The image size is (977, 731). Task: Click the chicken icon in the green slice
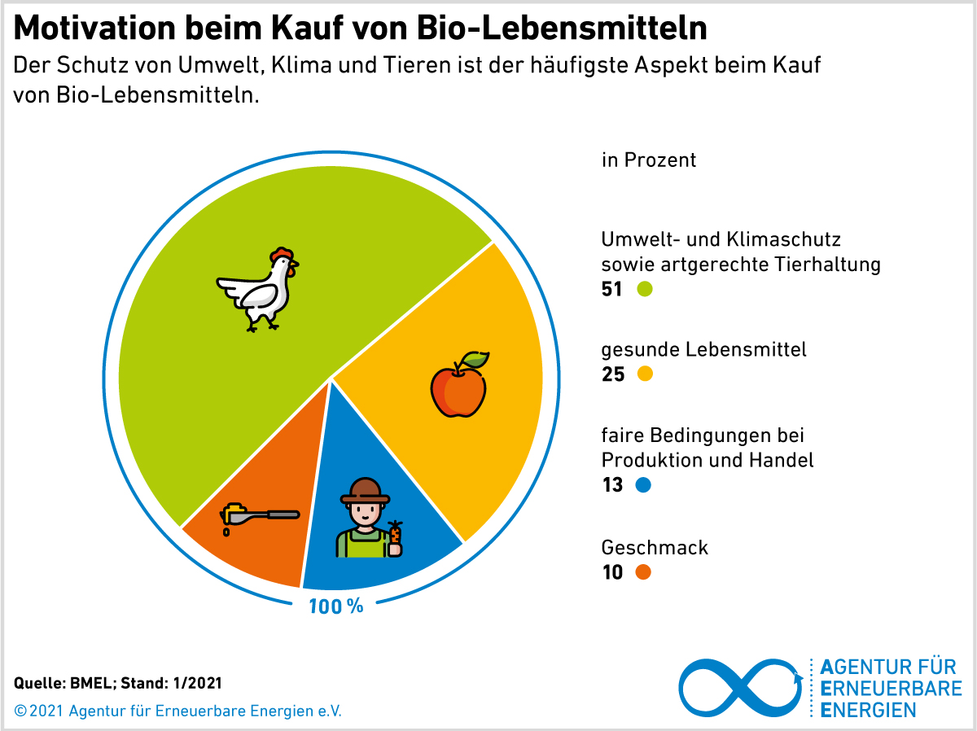click(259, 290)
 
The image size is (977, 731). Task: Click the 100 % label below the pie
click(335, 606)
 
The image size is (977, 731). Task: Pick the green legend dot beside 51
click(645, 289)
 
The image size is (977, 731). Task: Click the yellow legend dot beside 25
click(645, 374)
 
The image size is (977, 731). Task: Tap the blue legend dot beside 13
click(643, 485)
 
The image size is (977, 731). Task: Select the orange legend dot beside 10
click(643, 572)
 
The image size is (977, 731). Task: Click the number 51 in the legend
click(611, 289)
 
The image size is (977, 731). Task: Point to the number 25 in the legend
click(612, 374)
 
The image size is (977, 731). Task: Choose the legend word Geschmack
click(655, 547)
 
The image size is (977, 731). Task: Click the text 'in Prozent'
click(649, 160)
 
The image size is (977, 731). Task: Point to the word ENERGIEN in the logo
click(868, 710)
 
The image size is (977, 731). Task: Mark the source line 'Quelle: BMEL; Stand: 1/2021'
click(118, 682)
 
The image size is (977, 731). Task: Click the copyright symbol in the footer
click(20, 711)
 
